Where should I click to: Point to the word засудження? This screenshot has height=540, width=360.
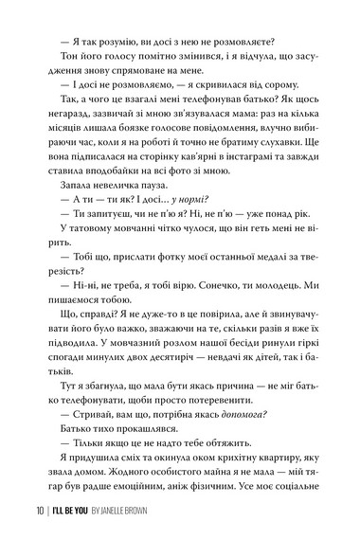tap(303, 62)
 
